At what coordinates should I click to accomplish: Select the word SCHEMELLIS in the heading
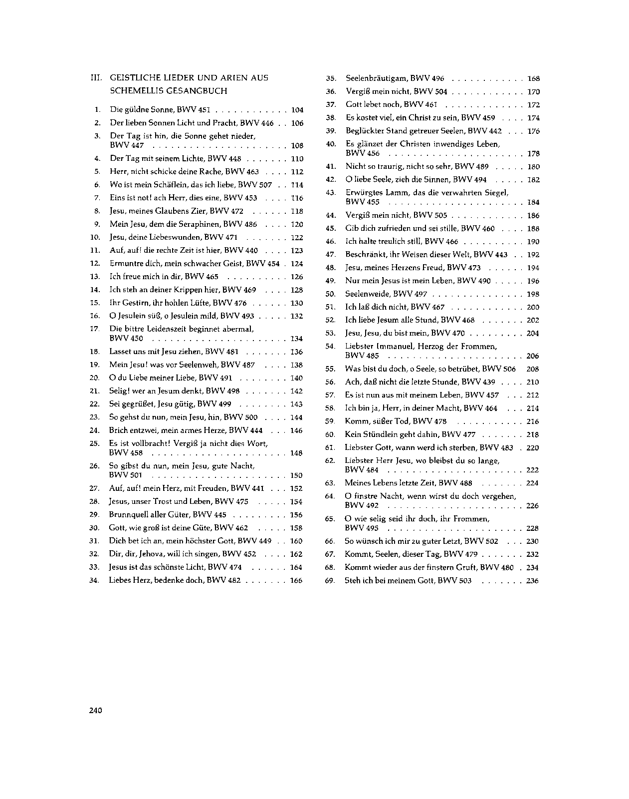[x=134, y=91]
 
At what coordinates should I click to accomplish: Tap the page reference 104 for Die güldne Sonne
[x=297, y=110]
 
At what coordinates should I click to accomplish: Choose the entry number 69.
[x=329, y=581]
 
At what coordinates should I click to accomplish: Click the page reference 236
[x=532, y=581]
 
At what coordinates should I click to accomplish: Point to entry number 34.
[x=94, y=580]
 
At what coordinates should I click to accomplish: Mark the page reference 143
[x=296, y=404]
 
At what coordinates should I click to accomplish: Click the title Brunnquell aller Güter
[x=149, y=515]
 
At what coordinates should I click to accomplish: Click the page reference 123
[x=297, y=251]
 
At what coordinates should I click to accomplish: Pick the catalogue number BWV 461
[x=420, y=105]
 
